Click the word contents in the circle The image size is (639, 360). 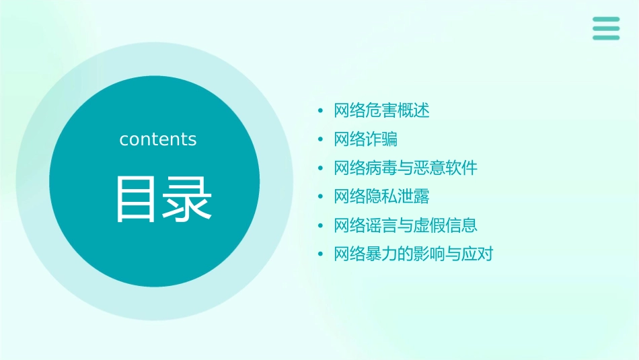[158, 139]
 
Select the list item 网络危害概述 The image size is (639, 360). [381, 110]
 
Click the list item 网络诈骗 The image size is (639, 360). [365, 139]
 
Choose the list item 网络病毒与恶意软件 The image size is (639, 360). [406, 168]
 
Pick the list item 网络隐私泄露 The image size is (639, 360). [381, 196]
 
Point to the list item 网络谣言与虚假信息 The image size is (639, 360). [406, 225]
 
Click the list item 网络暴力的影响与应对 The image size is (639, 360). [414, 254]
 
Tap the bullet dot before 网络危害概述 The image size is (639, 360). [320, 110]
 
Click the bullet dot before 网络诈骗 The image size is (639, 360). [320, 139]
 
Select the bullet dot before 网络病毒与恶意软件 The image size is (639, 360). [320, 168]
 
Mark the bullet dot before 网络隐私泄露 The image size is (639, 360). [320, 196]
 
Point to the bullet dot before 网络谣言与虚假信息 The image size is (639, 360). [320, 225]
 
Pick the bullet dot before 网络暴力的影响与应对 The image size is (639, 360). [320, 254]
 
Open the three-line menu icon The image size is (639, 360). [606, 28]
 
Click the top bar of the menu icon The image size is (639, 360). [606, 20]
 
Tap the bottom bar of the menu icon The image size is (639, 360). [606, 37]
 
